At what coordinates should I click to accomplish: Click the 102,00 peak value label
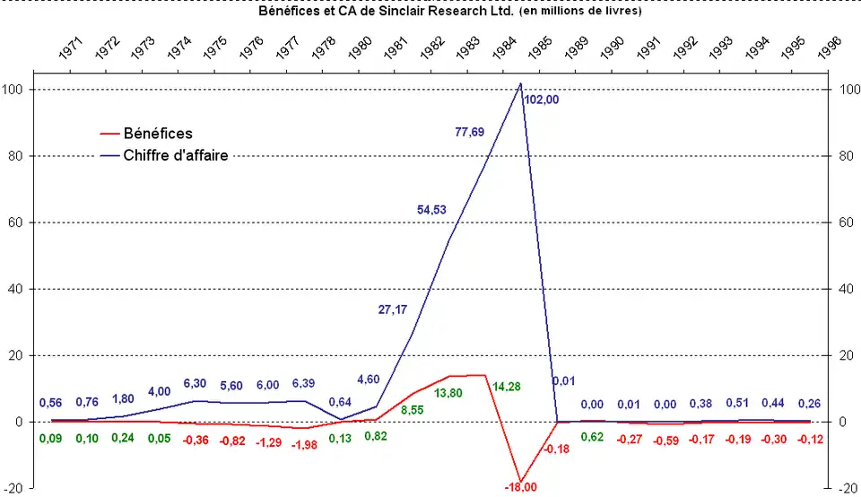pos(542,100)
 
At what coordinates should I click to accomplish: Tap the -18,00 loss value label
pos(519,487)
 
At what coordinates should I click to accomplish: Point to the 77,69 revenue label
pos(470,132)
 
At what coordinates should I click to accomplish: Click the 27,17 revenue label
pos(393,310)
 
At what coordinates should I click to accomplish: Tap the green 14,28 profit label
pos(507,387)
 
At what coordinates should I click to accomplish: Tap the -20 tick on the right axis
pos(847,489)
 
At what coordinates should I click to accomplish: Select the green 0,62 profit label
pos(592,437)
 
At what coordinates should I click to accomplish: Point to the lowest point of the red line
pos(520,482)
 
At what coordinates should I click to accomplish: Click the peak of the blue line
pos(520,83)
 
